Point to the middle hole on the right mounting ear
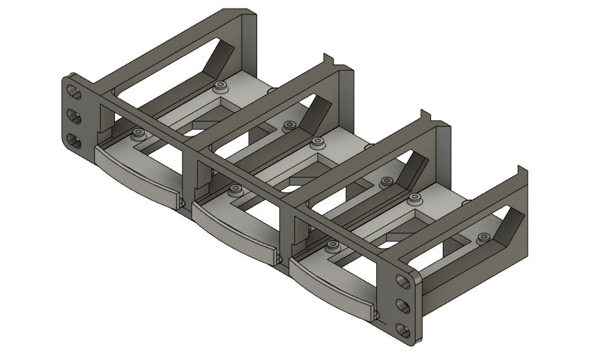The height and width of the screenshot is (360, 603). coord(402,305)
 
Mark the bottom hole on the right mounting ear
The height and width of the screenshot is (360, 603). coord(402,329)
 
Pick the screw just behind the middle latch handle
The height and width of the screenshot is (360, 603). coord(234,191)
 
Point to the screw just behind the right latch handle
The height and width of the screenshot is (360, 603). coord(333,245)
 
